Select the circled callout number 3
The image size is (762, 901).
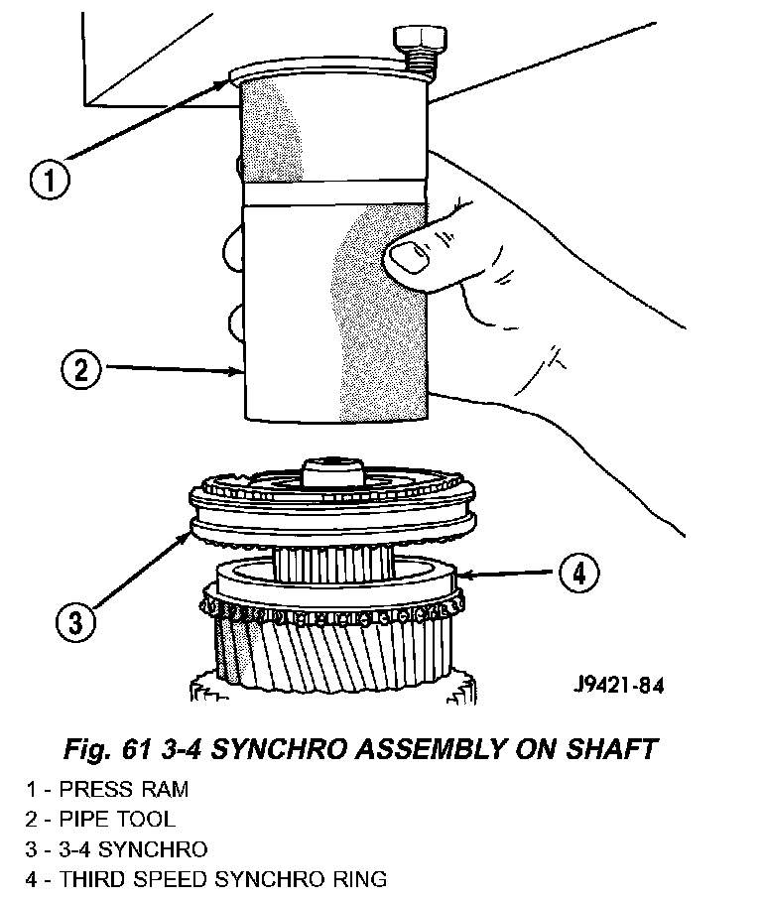click(x=75, y=622)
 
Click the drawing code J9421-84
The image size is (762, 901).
click(x=617, y=686)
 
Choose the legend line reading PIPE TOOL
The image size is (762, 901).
click(x=102, y=820)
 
